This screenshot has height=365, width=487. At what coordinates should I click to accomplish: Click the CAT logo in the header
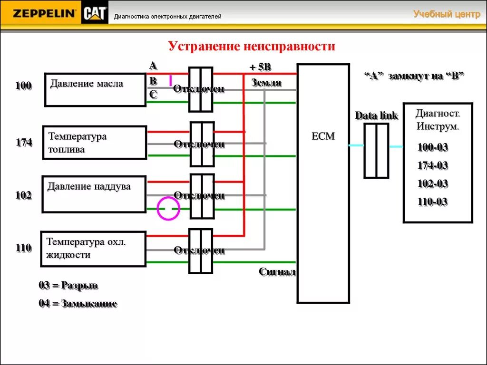coord(95,14)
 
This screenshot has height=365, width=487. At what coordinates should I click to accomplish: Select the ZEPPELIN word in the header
coord(44,14)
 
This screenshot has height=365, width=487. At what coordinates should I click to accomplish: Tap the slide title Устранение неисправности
coord(252,46)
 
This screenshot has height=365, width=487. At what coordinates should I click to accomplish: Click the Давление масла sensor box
coord(95,89)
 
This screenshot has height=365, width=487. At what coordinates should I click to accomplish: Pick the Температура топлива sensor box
coord(95,143)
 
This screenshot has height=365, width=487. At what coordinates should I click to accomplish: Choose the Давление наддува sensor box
coord(94,194)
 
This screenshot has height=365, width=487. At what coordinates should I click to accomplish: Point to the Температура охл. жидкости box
coord(94,249)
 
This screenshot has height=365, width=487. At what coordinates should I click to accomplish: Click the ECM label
coord(323,136)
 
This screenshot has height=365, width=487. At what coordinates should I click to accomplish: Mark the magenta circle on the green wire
coord(168,209)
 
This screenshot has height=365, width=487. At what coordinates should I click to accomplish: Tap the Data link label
coord(376,115)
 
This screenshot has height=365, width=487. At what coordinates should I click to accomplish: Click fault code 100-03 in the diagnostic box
coord(432,147)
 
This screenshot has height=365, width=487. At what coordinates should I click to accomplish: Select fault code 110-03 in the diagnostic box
coord(432,202)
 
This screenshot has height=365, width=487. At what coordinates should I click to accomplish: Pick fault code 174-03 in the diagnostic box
coord(432,166)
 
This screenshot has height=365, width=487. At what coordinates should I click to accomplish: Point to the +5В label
coord(260,67)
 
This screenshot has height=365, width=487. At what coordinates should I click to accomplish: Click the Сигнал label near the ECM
coord(277,272)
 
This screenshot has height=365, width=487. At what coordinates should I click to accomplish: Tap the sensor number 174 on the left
coord(23,142)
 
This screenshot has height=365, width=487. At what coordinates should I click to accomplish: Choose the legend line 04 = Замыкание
coord(78,303)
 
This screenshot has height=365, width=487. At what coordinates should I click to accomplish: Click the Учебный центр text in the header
coord(447,14)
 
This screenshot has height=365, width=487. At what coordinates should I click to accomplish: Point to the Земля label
coord(266,83)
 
